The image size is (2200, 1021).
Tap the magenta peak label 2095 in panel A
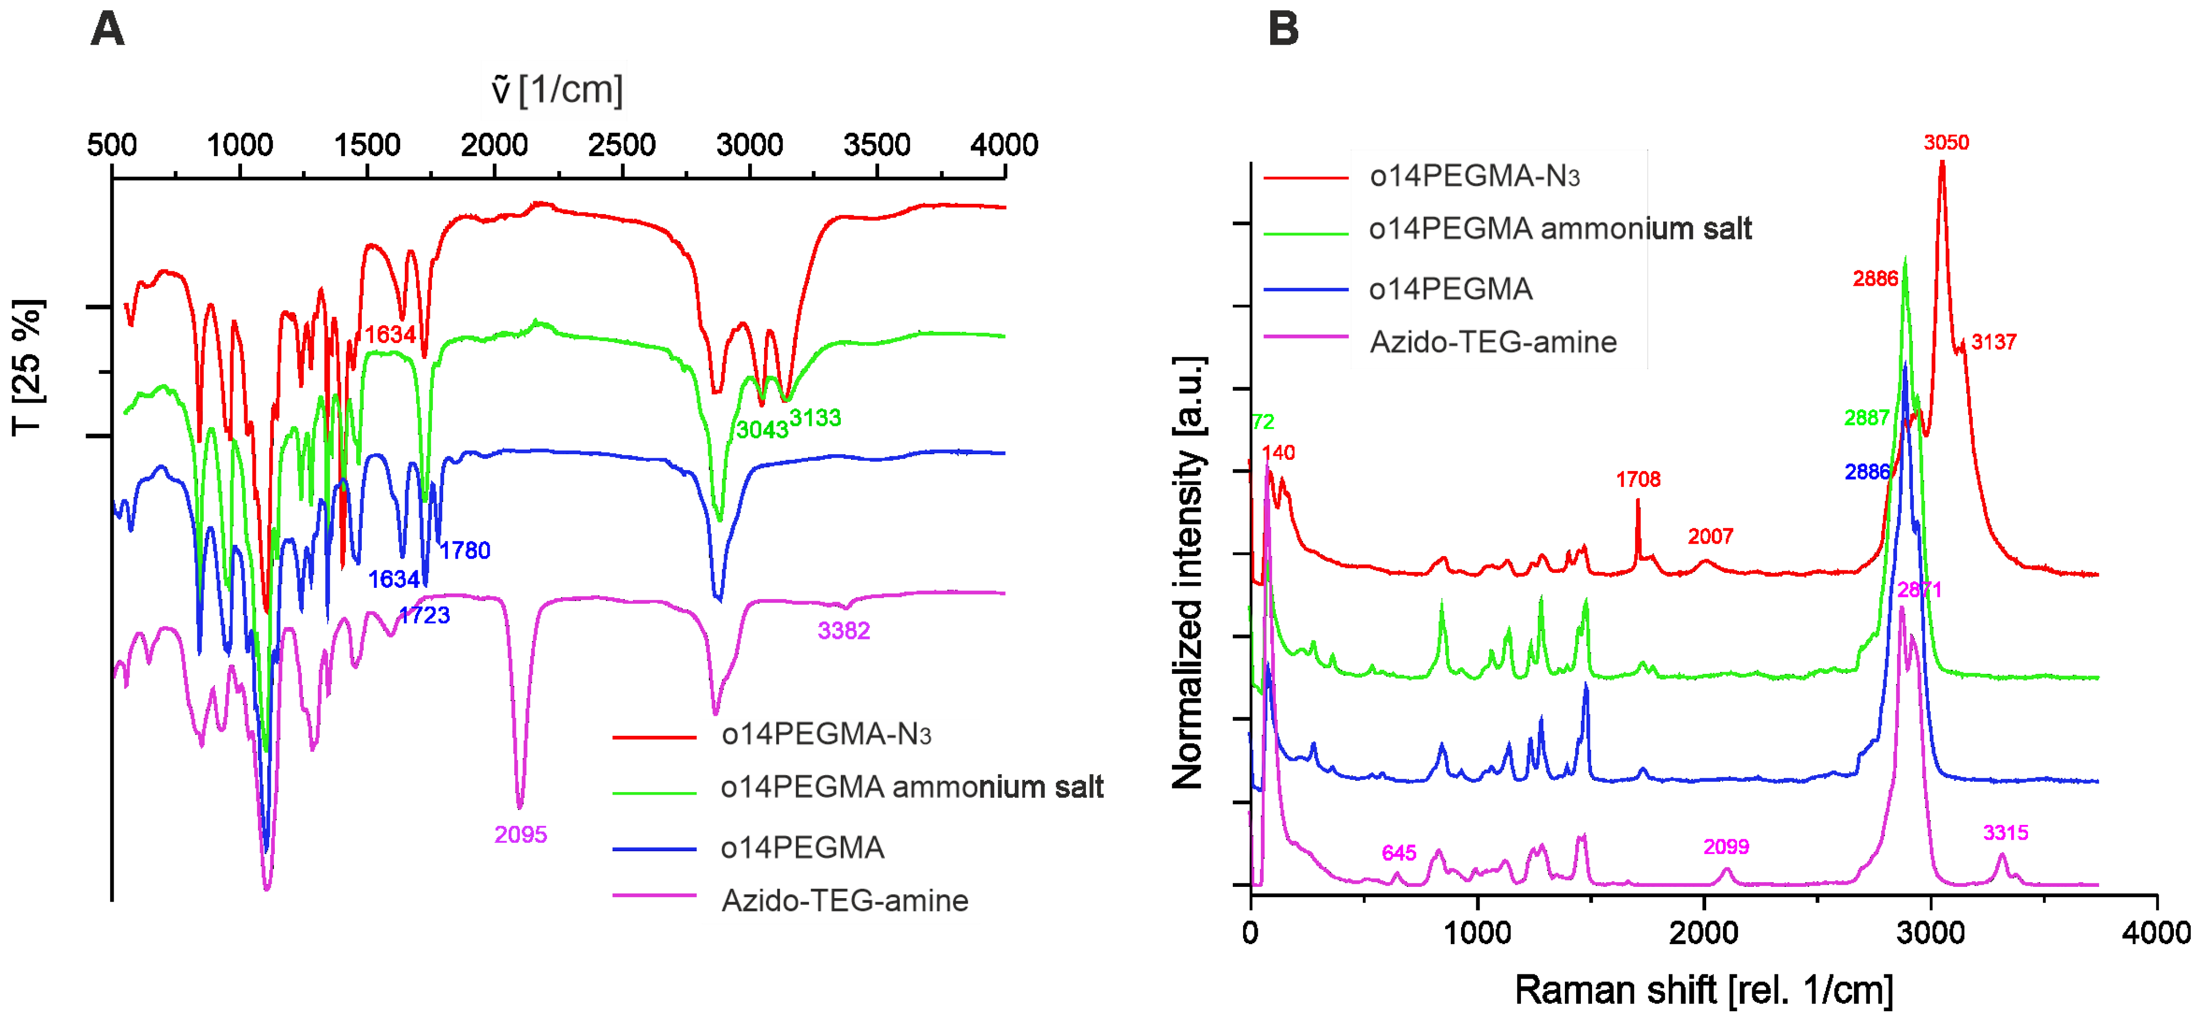click(520, 835)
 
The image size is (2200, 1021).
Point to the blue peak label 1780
click(466, 550)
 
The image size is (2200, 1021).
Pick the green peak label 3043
click(762, 430)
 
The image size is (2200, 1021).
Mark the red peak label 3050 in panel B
click(1946, 143)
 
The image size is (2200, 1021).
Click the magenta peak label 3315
click(2005, 833)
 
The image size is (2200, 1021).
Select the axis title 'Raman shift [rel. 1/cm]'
click(1703, 990)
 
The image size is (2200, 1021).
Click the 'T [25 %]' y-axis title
click(28, 368)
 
